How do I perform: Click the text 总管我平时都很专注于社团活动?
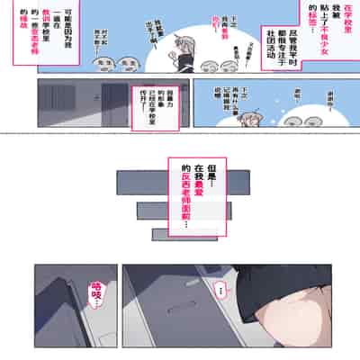click(x=270, y=45)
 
